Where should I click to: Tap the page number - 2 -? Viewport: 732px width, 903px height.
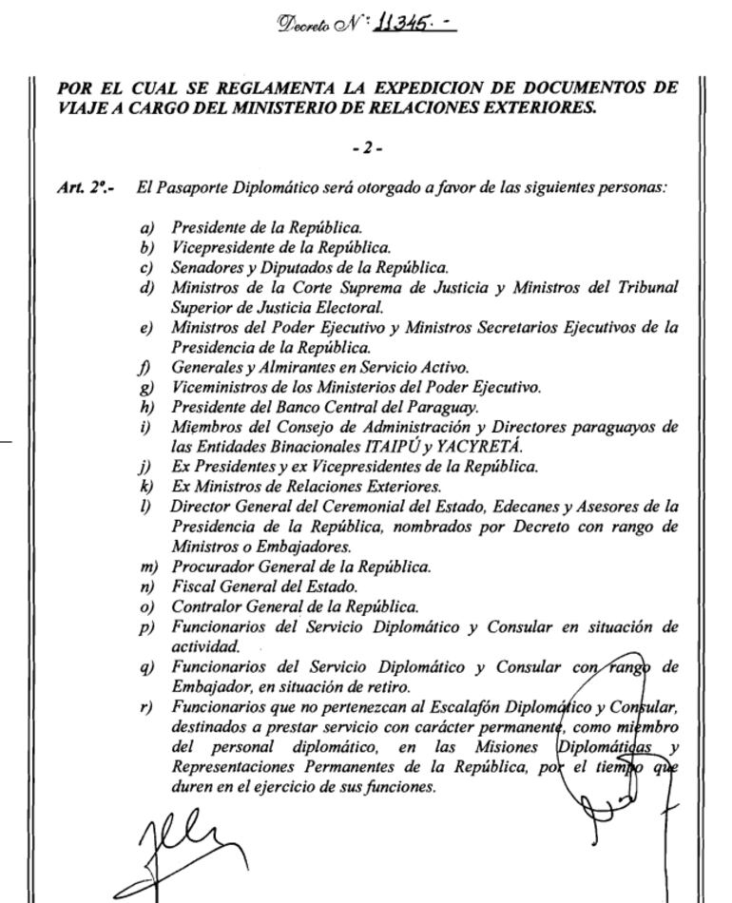coord(366,146)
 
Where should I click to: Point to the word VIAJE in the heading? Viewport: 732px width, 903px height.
coord(79,106)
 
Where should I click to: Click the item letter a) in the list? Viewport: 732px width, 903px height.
coord(145,228)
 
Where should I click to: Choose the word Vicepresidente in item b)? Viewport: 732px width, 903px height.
coord(216,248)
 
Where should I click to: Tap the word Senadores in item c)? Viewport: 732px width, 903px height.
coord(203,268)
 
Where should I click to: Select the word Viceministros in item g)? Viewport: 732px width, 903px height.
coord(216,386)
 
